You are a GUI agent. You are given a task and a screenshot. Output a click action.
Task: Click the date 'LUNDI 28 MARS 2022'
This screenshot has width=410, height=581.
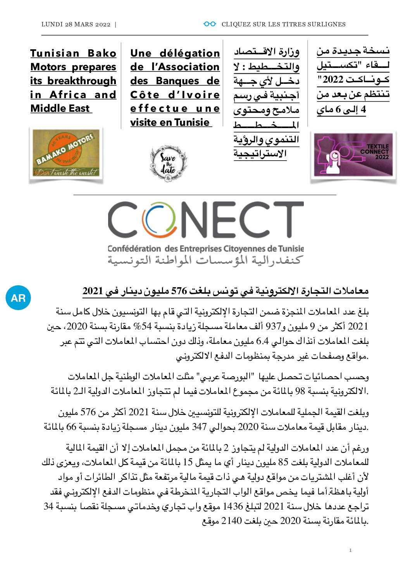click(x=76, y=24)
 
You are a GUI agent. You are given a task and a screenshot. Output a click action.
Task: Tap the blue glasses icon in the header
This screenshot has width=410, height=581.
click(x=210, y=24)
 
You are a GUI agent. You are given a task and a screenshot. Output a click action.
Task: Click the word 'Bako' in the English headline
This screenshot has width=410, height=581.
click(x=102, y=53)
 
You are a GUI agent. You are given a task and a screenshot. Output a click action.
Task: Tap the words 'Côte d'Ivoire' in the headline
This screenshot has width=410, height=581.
click(x=175, y=95)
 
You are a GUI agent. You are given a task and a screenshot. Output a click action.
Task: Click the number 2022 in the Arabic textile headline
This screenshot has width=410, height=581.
click(x=333, y=80)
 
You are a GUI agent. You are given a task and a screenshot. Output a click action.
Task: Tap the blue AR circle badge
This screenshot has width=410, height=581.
click(x=18, y=298)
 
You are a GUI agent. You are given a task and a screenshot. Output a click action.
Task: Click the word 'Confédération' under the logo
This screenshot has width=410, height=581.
click(x=134, y=248)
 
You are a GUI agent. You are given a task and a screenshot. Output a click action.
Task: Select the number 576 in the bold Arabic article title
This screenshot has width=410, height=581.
click(x=179, y=291)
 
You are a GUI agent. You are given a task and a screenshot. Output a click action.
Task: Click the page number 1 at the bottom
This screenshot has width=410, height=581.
click(x=350, y=550)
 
